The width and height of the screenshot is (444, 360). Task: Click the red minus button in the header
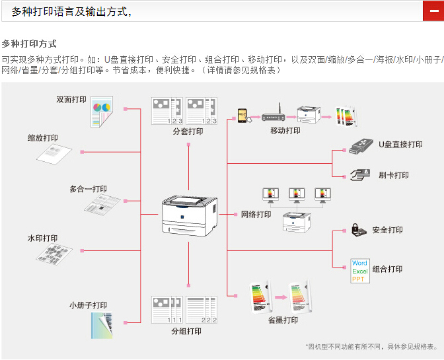tap(433, 11)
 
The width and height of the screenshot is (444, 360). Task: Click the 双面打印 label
tap(71, 100)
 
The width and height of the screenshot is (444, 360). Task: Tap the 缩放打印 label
tap(42, 138)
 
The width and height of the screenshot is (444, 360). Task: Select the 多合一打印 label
tap(88, 189)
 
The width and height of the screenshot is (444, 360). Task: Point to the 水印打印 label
tap(42, 238)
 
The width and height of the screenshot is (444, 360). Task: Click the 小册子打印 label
tap(88, 305)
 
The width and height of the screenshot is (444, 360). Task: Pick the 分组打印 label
tap(186, 331)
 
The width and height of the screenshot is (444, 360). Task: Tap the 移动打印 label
tap(285, 131)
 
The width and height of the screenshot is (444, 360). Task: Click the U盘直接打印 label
tap(400, 145)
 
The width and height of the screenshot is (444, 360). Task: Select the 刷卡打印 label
tap(393, 175)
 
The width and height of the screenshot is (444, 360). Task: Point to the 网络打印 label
tap(256, 215)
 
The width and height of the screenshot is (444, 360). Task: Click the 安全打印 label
tap(387, 230)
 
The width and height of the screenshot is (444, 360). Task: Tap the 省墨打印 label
tap(283, 320)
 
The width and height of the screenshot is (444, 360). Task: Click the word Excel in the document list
tap(360, 271)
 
